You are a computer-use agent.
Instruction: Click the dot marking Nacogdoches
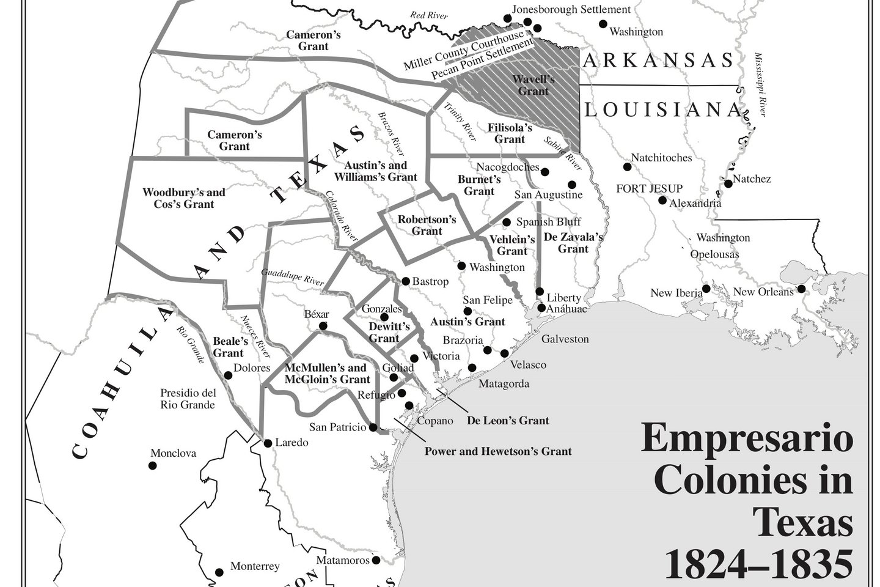(544, 172)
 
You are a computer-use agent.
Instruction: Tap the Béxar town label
(316, 314)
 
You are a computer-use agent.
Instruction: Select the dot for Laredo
(267, 443)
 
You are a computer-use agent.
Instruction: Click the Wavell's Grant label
(533, 85)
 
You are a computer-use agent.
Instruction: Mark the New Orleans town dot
(801, 289)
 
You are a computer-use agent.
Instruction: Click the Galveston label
(565, 339)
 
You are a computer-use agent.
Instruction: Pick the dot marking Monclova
(152, 465)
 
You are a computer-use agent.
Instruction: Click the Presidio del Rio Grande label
(188, 399)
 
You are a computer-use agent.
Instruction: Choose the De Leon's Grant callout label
(508, 420)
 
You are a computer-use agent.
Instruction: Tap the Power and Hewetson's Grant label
(498, 451)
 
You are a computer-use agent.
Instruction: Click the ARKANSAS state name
(658, 60)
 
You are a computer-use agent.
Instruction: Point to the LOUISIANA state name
(662, 109)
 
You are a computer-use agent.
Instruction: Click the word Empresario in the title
(746, 440)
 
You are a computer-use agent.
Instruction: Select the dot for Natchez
(728, 183)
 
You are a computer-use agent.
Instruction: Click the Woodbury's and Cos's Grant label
(183, 198)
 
